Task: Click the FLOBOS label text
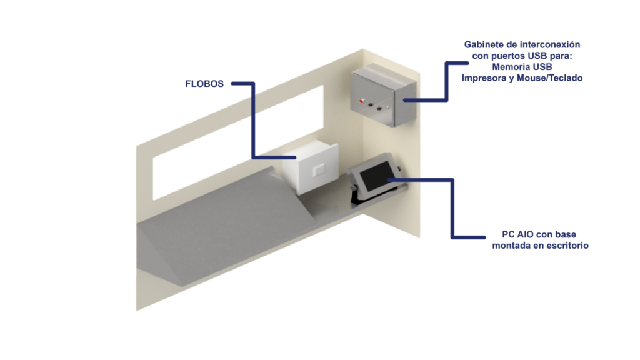(x=204, y=84)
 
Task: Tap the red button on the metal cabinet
(x=361, y=101)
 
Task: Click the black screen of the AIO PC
(x=375, y=176)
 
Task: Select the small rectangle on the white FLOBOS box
(x=318, y=169)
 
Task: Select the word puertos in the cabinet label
(x=508, y=56)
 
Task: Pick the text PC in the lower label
(x=508, y=235)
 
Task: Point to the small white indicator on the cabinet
(x=387, y=107)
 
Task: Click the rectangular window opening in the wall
(x=238, y=142)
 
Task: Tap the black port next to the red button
(x=371, y=105)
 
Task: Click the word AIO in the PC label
(x=525, y=235)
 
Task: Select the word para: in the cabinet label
(x=561, y=56)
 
